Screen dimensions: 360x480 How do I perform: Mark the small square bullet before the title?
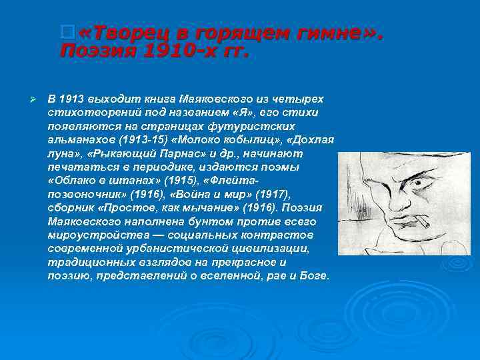65,31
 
